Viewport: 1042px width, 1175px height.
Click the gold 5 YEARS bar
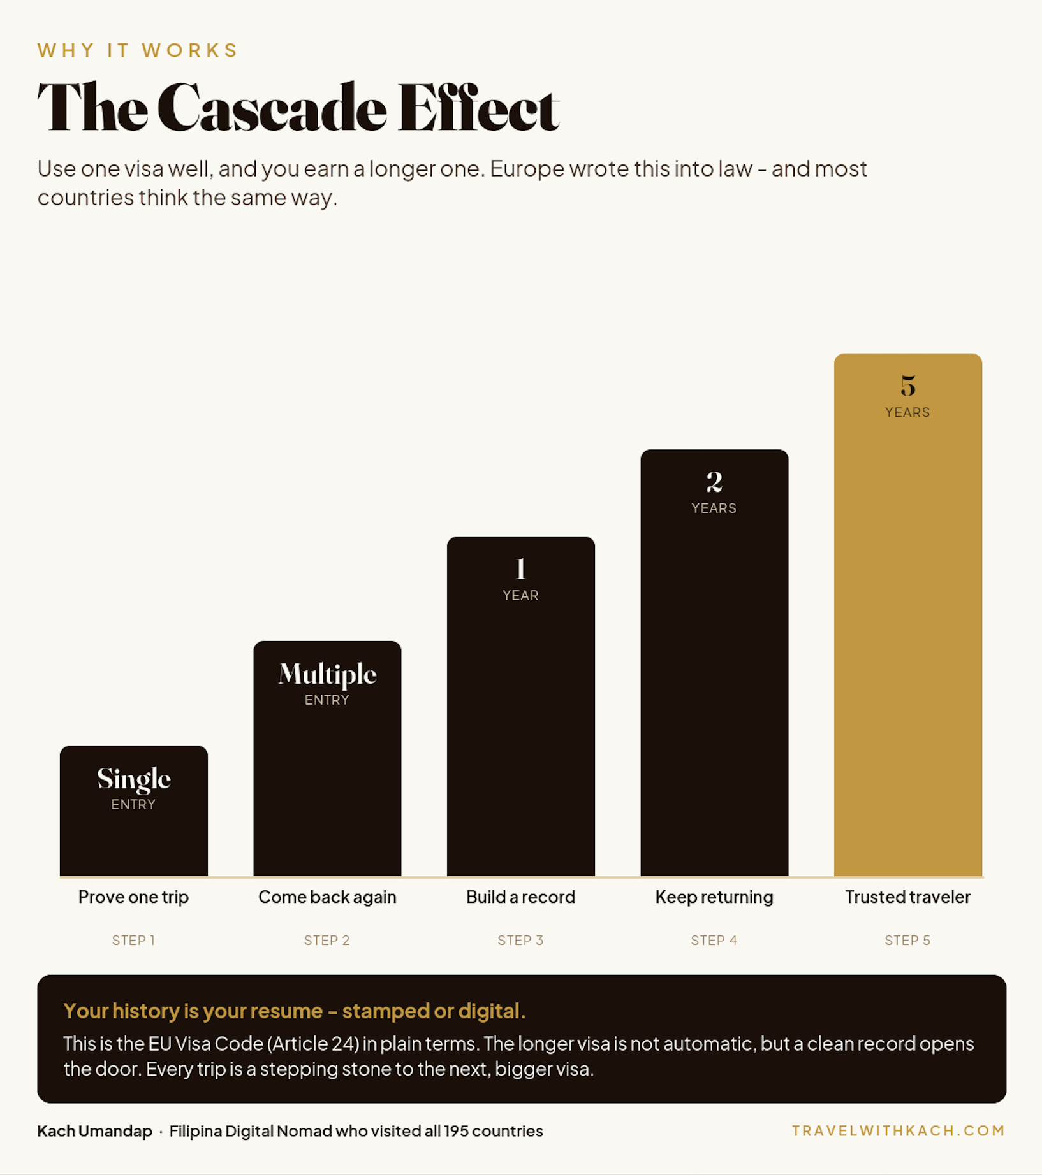coord(907,615)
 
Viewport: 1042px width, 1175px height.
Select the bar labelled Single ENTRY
coord(134,811)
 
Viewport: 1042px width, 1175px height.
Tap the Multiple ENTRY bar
coord(327,759)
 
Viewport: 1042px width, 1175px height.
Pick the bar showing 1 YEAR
coord(521,707)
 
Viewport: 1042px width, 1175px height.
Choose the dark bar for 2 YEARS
coord(714,663)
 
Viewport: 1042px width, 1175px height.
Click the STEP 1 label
coord(134,940)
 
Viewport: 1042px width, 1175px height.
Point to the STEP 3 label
coord(520,940)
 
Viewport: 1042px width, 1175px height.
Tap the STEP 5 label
coord(907,940)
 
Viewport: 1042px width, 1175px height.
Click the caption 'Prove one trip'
coord(133,897)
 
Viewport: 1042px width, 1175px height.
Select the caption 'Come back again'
coord(327,897)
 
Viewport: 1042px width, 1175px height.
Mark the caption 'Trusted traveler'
coord(907,897)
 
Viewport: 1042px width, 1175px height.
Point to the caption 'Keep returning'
coord(714,897)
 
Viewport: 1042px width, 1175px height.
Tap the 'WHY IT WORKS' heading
coord(138,50)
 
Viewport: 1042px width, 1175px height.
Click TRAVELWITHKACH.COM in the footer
coord(899,1130)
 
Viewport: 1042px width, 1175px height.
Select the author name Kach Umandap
coord(94,1131)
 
